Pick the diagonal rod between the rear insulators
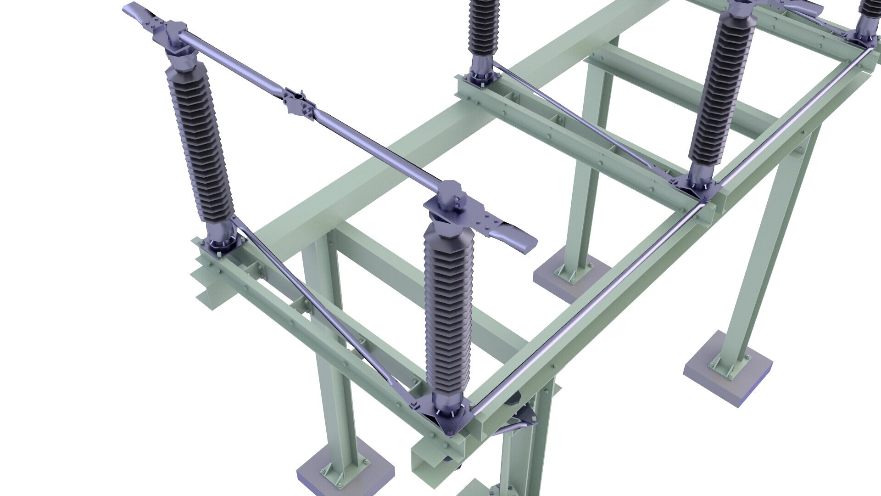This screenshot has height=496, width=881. click(578, 119)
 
